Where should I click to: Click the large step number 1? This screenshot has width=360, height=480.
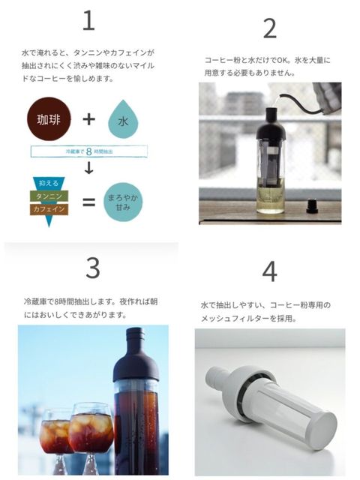click(88, 20)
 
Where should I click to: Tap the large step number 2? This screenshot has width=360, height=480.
click(270, 28)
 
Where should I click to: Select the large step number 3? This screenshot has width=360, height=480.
click(93, 268)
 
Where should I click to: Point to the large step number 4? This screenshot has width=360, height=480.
click(270, 271)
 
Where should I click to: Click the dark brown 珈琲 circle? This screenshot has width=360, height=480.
click(49, 118)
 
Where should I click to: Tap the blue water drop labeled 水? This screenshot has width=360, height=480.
click(123, 119)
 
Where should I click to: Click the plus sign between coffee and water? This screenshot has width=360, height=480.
click(88, 119)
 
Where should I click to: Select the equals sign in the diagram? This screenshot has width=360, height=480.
click(89, 202)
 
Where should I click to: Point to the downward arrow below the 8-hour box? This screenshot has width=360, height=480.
click(88, 167)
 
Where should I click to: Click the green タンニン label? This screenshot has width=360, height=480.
click(49, 196)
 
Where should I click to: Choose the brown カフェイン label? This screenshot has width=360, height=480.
click(49, 209)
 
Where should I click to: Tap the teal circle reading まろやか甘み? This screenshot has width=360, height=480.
click(123, 202)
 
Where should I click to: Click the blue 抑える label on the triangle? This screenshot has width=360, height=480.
click(49, 183)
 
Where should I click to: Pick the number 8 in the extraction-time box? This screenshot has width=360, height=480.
click(88, 151)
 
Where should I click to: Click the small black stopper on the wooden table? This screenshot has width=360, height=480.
click(313, 206)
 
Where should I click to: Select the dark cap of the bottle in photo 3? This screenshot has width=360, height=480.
click(136, 355)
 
